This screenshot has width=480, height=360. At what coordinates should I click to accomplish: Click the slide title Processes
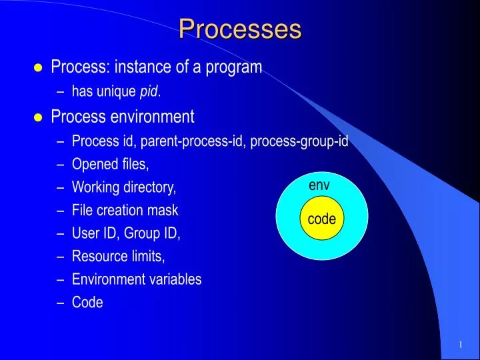240,29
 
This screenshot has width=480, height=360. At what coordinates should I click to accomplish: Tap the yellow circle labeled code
321,219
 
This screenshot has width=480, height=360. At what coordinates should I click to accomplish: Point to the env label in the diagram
319,185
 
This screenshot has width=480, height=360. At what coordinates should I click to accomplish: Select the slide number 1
460,344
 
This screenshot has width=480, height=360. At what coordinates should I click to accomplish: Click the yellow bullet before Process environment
37,118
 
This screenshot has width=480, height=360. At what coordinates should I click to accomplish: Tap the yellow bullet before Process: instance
37,67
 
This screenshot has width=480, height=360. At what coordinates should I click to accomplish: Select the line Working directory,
124,187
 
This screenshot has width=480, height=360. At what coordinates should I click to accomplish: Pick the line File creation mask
125,210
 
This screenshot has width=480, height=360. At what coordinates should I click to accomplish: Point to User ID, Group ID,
126,233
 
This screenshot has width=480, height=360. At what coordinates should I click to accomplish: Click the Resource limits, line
118,256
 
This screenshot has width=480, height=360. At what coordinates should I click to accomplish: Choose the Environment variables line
137,279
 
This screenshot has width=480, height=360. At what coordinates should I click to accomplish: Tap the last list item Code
87,302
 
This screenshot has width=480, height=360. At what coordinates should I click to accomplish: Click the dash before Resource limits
61,257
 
